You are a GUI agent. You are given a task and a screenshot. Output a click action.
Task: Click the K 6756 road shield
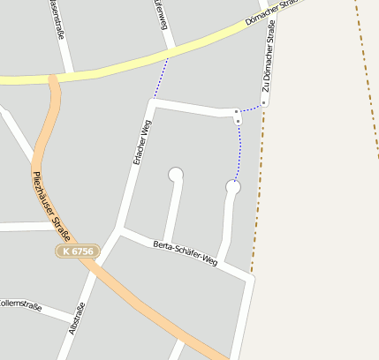pos(77,252)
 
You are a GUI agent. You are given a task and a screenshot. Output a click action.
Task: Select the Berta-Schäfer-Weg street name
pos(185,252)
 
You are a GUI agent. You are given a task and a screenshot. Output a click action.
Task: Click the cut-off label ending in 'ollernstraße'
pos(20,306)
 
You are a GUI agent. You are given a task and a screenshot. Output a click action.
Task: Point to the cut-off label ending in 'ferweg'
pos(161,14)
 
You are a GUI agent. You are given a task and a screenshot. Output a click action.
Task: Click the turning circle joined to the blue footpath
pos(233,187)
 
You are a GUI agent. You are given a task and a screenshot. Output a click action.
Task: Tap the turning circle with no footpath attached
pos(176,175)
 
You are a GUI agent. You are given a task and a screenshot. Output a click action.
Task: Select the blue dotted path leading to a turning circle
pos(239,150)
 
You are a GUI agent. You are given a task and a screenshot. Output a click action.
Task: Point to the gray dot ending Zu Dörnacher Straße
pos(263,103)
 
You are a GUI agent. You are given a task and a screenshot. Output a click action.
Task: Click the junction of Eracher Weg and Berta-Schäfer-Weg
pos(121,230)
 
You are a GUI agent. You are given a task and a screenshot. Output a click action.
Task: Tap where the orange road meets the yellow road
pos(53,79)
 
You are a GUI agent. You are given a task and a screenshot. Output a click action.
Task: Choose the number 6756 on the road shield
pos(81,252)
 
